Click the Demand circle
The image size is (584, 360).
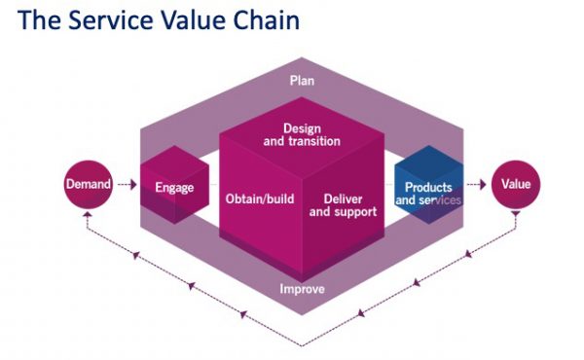tap(88, 183)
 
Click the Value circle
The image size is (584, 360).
tap(515, 183)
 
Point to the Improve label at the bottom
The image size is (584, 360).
tap(302, 290)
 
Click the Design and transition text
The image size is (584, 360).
tap(302, 134)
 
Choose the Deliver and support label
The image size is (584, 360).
tap(342, 205)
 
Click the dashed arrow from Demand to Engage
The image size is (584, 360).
tap(126, 183)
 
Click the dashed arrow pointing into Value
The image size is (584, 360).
tap(474, 183)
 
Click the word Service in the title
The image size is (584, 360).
tap(106, 19)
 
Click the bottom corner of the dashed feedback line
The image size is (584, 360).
tap(302, 343)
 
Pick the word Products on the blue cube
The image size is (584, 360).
tap(428, 187)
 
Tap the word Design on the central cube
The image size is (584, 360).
tap(302, 127)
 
